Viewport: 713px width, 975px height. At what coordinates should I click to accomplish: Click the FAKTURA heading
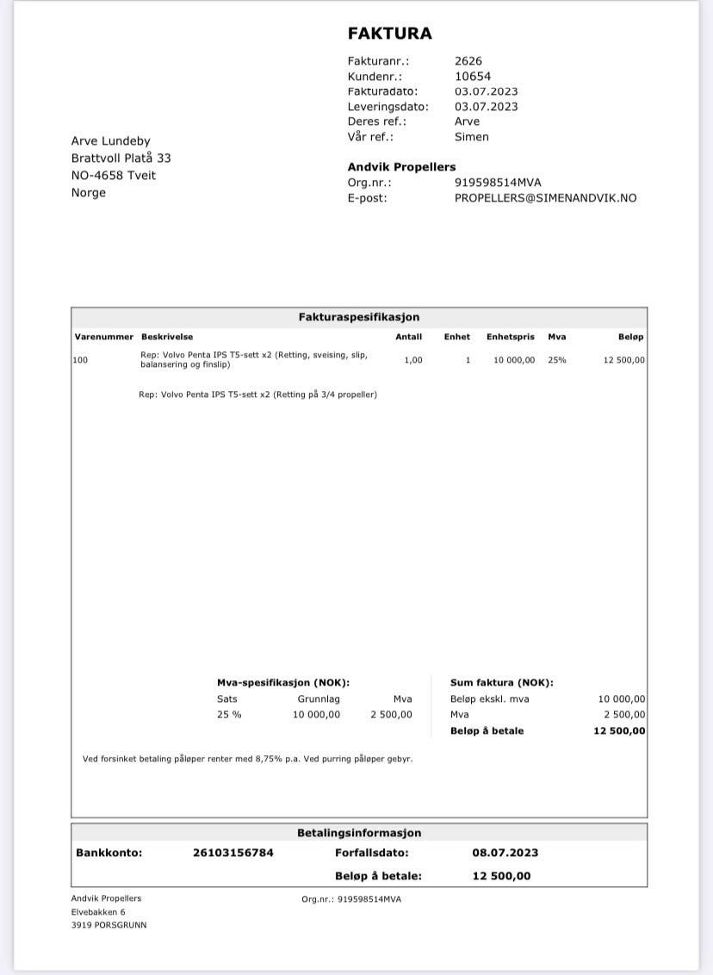(389, 34)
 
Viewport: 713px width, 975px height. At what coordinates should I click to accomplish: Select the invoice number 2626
(468, 61)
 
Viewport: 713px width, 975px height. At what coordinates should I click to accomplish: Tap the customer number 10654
(473, 77)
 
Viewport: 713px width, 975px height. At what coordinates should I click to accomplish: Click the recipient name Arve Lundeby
(110, 141)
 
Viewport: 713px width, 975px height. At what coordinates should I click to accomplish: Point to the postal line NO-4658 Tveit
(114, 176)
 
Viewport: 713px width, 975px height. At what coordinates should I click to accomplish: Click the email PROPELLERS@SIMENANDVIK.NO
(545, 198)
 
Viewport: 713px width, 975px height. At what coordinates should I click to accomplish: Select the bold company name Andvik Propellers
(401, 167)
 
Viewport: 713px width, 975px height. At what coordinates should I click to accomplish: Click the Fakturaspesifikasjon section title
(359, 318)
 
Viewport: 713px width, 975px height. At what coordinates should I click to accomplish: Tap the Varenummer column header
(103, 337)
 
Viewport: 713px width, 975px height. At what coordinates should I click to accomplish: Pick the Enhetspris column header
(510, 337)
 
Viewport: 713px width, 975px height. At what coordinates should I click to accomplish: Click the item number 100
(80, 360)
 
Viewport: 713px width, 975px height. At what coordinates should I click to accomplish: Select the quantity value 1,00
(413, 360)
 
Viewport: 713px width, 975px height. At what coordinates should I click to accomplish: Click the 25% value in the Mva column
(557, 360)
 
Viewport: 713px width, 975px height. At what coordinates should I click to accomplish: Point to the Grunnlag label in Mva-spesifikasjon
(319, 699)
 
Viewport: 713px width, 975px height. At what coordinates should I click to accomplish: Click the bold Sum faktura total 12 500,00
(619, 731)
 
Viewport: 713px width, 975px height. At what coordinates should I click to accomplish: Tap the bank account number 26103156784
(233, 854)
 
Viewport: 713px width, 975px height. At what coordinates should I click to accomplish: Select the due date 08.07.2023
(505, 854)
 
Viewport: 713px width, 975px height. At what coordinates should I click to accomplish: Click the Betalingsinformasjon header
(359, 834)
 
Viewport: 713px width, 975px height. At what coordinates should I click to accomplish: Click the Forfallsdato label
(372, 854)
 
